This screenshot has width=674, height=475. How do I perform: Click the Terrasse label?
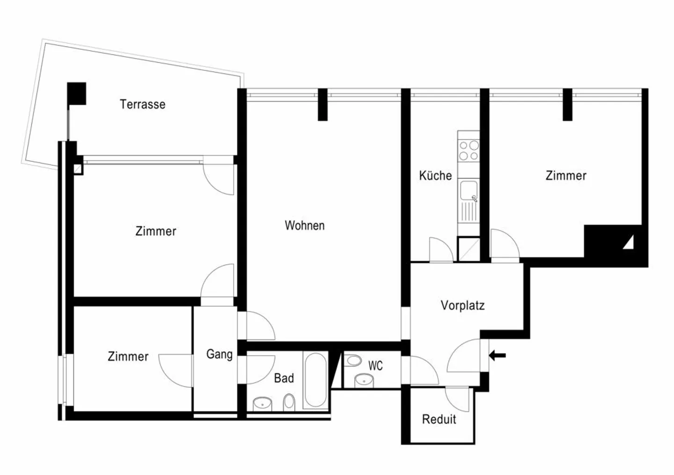tap(142, 104)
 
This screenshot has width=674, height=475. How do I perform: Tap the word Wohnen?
tap(304, 225)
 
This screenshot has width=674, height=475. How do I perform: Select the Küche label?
tap(435, 176)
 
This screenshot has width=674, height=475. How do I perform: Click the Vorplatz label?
tap(462, 305)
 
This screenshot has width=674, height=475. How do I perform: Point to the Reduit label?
tap(439, 419)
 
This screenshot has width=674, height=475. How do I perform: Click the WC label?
tap(375, 365)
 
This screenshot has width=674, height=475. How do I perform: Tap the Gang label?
tap(219, 354)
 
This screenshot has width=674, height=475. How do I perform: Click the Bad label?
tap(284, 378)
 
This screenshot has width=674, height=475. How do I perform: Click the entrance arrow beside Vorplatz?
tap(497, 356)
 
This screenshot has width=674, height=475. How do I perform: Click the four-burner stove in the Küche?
tap(469, 150)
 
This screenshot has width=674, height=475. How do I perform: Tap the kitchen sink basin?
tap(468, 191)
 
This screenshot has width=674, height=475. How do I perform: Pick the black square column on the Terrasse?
tap(77, 93)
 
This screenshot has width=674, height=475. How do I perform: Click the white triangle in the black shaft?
tap(629, 243)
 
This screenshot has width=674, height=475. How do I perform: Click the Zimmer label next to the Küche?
tap(566, 176)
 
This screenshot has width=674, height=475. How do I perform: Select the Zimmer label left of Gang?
tap(128, 356)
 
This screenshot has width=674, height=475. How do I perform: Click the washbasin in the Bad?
tap(263, 403)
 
